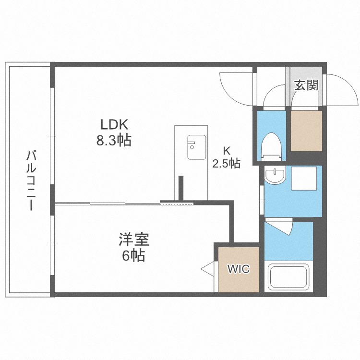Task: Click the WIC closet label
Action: pos(239,269)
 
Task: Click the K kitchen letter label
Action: pos(227,148)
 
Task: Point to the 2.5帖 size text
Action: pos(227,163)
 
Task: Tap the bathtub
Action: pos(288,277)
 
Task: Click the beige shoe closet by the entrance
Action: pos(305,131)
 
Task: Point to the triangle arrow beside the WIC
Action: pos(208,269)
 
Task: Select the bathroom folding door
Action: pos(281,225)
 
